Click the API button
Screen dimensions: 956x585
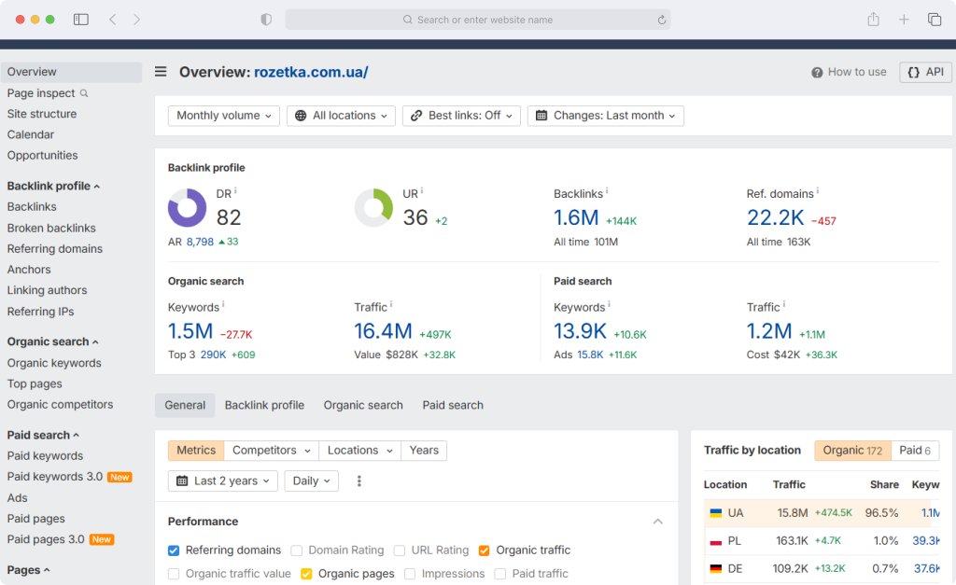(x=925, y=72)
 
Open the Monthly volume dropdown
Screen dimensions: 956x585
(x=224, y=116)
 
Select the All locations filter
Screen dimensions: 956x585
(x=341, y=116)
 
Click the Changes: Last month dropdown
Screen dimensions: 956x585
(x=605, y=116)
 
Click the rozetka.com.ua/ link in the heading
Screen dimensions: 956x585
(x=311, y=72)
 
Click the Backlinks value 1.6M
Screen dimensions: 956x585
(x=576, y=217)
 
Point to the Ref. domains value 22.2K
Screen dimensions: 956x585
(x=776, y=217)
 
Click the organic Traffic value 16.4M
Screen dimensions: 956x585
(x=384, y=331)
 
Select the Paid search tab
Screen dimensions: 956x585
(x=453, y=405)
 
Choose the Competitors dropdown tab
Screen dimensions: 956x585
(x=272, y=451)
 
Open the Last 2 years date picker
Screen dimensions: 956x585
(x=222, y=481)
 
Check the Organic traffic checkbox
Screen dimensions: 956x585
(x=485, y=550)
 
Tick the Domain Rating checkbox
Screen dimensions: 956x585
(x=296, y=550)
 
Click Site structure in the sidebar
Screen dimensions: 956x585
(x=42, y=114)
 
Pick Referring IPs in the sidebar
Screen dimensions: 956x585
(x=40, y=312)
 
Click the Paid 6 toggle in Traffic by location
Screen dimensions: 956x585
(x=915, y=451)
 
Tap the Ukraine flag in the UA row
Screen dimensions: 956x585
(x=716, y=513)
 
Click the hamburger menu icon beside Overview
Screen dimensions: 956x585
(x=161, y=72)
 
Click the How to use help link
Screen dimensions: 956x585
(x=849, y=72)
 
